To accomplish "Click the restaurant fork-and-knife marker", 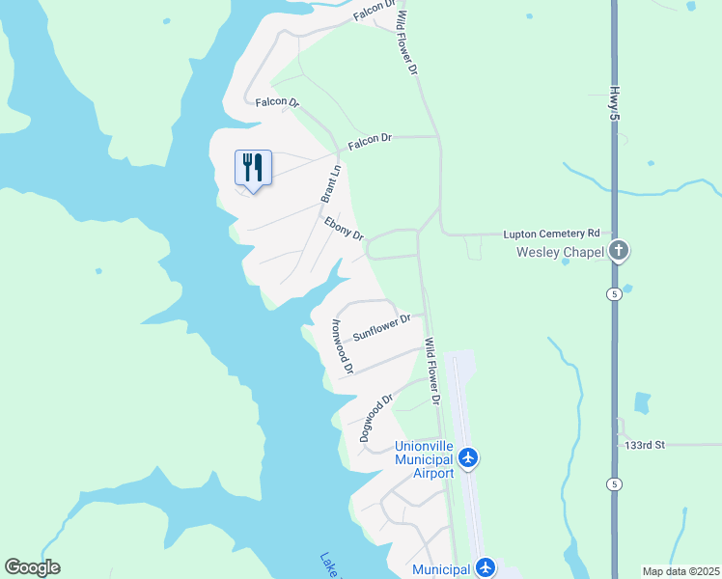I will click(x=253, y=168).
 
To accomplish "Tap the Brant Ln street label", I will click(x=331, y=183).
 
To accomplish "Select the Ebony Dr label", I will click(x=344, y=229).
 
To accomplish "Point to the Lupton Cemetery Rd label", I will click(x=551, y=234).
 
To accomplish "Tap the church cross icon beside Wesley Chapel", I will click(x=619, y=252).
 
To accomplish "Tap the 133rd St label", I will click(x=644, y=445).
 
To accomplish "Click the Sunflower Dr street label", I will click(x=381, y=326).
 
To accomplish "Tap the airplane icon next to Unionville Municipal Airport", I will click(x=468, y=456).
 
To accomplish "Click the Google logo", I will click(x=33, y=567).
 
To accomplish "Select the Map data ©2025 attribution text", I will click(x=680, y=570).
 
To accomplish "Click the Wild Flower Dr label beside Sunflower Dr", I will click(x=432, y=372).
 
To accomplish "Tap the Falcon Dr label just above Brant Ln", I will click(x=370, y=140).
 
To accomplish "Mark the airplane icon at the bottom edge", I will click(x=486, y=568).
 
